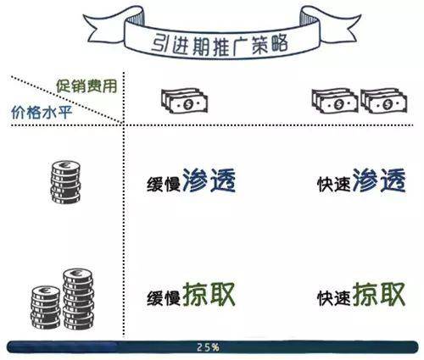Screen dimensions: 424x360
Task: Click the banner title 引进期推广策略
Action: pyautogui.click(x=220, y=45)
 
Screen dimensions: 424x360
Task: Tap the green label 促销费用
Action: pyautogui.click(x=86, y=86)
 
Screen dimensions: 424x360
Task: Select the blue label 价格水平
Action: pyautogui.click(x=42, y=113)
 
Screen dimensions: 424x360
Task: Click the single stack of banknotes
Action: pyautogui.click(x=184, y=101)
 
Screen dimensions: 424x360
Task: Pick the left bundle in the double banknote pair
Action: pyautogui.click(x=335, y=101)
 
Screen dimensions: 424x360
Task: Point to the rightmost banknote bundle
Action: pyautogui.click(x=383, y=101)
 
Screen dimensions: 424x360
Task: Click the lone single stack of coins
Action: pyautogui.click(x=66, y=182)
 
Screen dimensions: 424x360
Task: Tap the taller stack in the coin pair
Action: pyautogui.click(x=78, y=299)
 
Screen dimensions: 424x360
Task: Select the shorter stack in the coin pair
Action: pyautogui.click(x=46, y=307)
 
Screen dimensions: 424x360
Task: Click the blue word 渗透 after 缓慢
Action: pyautogui.click(x=209, y=180)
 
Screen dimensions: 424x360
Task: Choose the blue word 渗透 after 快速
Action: pyautogui.click(x=379, y=180)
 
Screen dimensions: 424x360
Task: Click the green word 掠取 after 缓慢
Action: pyautogui.click(x=209, y=294)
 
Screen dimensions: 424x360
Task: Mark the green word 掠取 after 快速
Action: pyautogui.click(x=379, y=294)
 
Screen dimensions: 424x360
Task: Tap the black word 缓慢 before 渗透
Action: pyautogui.click(x=164, y=185)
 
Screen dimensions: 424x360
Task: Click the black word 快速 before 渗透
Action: pyautogui.click(x=334, y=185)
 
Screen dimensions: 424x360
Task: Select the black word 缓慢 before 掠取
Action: pyautogui.click(x=164, y=298)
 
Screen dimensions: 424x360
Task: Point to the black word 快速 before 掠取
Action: pyautogui.click(x=334, y=298)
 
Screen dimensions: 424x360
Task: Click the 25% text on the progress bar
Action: pyautogui.click(x=208, y=347)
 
